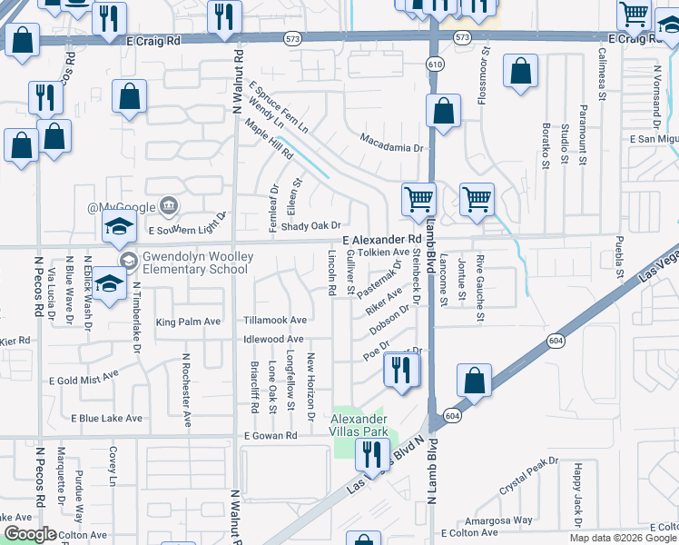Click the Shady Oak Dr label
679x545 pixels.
click(310, 226)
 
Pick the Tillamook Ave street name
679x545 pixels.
click(275, 321)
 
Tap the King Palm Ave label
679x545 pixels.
click(189, 322)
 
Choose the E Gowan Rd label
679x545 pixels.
click(271, 436)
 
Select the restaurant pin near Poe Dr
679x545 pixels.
click(400, 371)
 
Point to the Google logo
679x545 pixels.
click(30, 534)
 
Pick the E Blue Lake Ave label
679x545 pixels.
click(107, 419)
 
